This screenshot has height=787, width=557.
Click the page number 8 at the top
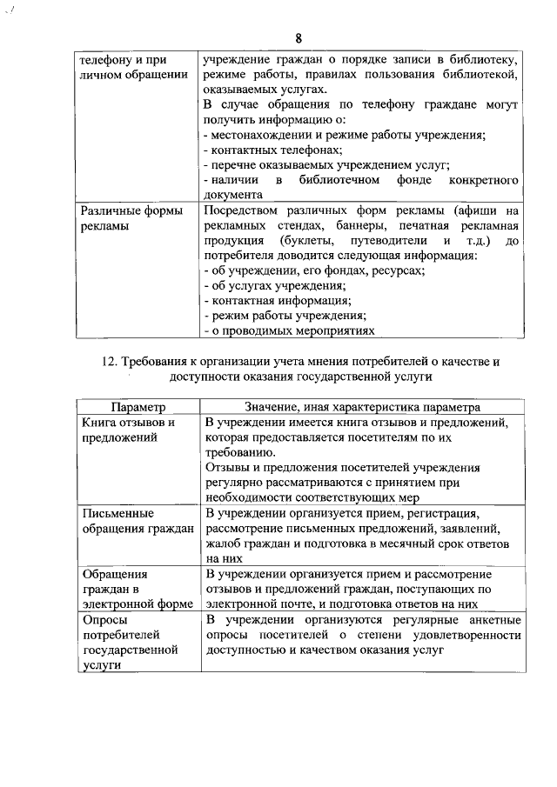pyautogui.click(x=299, y=38)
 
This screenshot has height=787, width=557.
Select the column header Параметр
pyautogui.click(x=137, y=407)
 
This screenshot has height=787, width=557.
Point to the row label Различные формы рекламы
pyautogui.click(x=120, y=218)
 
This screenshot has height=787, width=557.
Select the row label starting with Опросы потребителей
pyautogui.click(x=129, y=642)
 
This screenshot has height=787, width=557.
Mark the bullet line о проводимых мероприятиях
pyautogui.click(x=289, y=330)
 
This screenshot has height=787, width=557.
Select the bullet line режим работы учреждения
pyautogui.click(x=284, y=315)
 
